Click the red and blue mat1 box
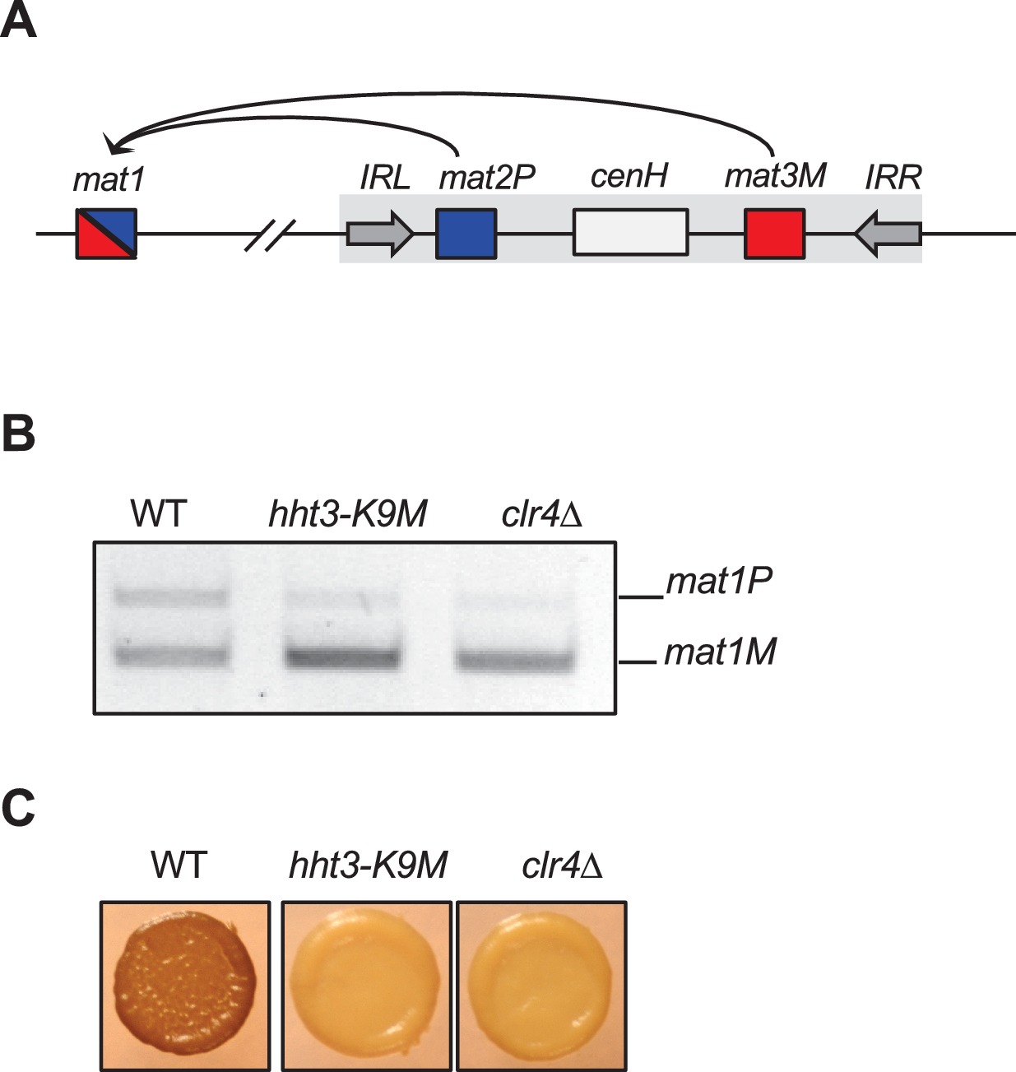(x=106, y=234)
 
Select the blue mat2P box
(x=466, y=234)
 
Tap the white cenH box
(x=630, y=233)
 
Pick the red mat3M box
(x=774, y=234)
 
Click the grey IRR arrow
(x=888, y=234)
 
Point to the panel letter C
(x=18, y=809)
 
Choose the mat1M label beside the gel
(x=720, y=653)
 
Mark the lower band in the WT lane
(x=171, y=656)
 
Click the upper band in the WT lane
(x=171, y=596)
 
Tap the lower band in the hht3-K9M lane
(x=342, y=657)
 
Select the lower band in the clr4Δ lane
(x=515, y=660)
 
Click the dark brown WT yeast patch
(x=183, y=986)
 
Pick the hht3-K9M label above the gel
(x=348, y=515)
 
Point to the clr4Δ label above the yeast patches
(x=563, y=865)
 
